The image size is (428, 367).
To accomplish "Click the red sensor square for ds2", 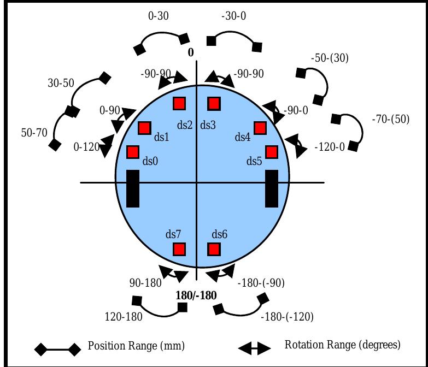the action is pyautogui.click(x=179, y=104).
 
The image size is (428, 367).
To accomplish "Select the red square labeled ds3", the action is pyautogui.click(x=214, y=104).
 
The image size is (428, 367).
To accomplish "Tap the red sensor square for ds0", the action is pyautogui.click(x=133, y=152).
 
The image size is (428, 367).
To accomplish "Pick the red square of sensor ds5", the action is pyautogui.click(x=272, y=152).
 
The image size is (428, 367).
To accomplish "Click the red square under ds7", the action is pyautogui.click(x=179, y=249).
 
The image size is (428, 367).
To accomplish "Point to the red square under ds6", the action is pyautogui.click(x=214, y=249).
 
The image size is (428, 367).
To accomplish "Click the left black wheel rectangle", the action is pyautogui.click(x=133, y=188).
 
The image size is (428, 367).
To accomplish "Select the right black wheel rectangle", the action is pyautogui.click(x=272, y=188).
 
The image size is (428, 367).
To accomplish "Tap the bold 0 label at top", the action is pyautogui.click(x=191, y=52).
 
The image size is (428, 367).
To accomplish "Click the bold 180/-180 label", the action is pyautogui.click(x=196, y=295).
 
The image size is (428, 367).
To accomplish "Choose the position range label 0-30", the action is pyautogui.click(x=159, y=16).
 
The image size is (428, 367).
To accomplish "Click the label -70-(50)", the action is pyautogui.click(x=391, y=119).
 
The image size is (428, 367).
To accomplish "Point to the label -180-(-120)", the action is pyautogui.click(x=287, y=317).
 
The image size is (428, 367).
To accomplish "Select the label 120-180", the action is pyautogui.click(x=124, y=317).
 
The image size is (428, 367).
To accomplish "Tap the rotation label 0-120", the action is pyautogui.click(x=86, y=147).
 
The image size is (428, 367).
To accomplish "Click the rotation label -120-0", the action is pyautogui.click(x=330, y=147).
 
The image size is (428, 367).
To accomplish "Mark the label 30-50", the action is pyautogui.click(x=61, y=83).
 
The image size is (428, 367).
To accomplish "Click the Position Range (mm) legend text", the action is pyautogui.click(x=136, y=346).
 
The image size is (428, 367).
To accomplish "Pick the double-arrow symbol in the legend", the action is pyautogui.click(x=254, y=348).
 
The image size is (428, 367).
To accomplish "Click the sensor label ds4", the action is pyautogui.click(x=242, y=137).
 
